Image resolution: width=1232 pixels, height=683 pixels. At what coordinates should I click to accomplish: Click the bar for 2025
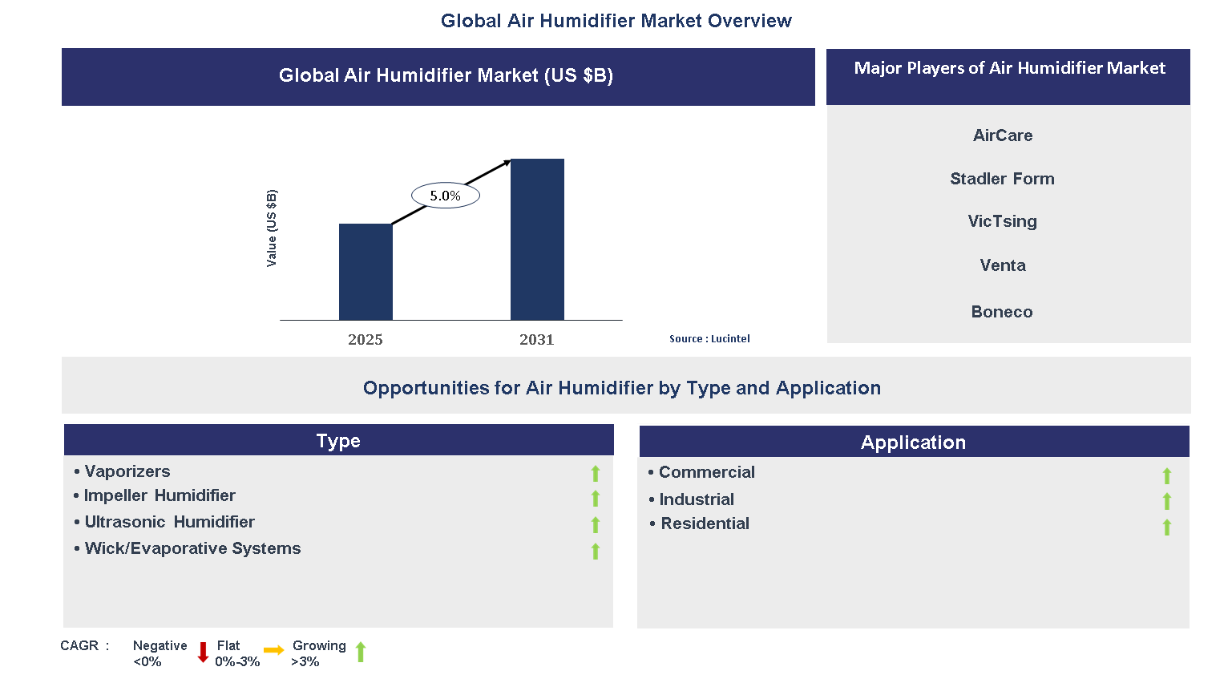coord(366,272)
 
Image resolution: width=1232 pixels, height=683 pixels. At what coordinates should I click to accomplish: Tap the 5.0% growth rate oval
coord(445,196)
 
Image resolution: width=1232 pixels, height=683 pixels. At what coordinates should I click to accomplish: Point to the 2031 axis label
coord(536,339)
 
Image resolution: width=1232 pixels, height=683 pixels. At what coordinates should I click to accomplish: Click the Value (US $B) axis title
coord(272,228)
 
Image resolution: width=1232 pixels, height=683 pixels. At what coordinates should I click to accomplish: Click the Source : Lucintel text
coord(709,339)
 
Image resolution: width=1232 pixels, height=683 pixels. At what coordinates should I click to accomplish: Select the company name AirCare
coord(1002,135)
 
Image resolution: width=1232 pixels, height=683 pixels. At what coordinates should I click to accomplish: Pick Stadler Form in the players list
coord(1002,179)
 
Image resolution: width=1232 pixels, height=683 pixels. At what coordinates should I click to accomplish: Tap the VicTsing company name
coord(1002,221)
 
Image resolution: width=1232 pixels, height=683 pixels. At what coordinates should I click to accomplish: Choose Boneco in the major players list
coord(1002,312)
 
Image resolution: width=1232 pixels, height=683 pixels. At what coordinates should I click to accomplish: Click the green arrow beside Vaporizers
coord(596,474)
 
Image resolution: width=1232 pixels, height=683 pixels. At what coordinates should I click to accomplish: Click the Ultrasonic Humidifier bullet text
coord(169,522)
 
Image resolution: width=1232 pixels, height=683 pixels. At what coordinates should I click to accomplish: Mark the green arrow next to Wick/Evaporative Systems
coord(596,551)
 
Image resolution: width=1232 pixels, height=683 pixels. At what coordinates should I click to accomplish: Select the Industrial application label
coord(696,499)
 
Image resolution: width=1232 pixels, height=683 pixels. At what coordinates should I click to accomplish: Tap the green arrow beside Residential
coord(1167,527)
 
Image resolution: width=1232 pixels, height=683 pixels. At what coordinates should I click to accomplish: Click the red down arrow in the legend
coord(203,652)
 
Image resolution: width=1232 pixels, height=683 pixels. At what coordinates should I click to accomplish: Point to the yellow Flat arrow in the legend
coord(274,650)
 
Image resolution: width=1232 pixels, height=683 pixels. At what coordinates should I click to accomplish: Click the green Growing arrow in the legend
coord(361,652)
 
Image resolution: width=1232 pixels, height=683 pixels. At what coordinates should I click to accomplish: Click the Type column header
coord(338,441)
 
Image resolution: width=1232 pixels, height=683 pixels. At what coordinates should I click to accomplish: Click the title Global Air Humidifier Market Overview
coord(616,21)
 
